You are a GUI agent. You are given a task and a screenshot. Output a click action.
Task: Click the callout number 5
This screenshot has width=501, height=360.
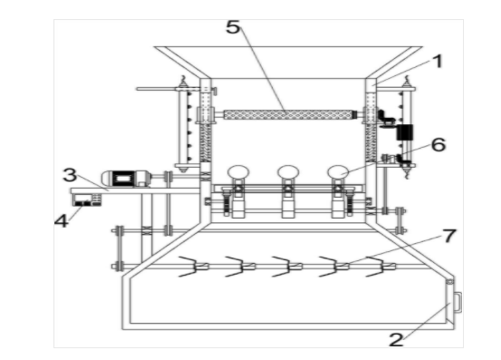(x=233, y=27)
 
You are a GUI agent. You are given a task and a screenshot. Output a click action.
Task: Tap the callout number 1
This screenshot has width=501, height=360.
(x=438, y=61)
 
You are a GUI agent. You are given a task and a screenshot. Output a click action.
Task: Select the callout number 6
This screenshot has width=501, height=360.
(x=438, y=144)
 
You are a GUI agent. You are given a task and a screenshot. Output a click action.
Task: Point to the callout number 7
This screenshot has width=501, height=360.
(x=449, y=236)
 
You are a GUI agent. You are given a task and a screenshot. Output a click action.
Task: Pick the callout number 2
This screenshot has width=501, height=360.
(x=396, y=340)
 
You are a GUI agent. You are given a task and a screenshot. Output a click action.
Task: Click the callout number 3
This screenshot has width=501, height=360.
(x=70, y=175)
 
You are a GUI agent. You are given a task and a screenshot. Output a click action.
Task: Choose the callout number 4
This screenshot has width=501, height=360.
(x=62, y=220)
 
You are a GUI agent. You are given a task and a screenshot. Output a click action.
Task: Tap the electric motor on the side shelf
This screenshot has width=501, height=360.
(x=126, y=178)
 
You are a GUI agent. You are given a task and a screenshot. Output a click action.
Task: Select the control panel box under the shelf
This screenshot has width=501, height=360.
(x=87, y=199)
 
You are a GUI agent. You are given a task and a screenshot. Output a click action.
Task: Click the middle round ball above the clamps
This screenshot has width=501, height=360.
(x=288, y=172)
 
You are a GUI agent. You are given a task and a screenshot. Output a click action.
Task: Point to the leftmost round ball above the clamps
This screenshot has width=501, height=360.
(x=238, y=172)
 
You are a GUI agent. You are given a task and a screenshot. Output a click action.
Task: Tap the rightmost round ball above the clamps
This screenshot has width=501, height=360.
(x=338, y=172)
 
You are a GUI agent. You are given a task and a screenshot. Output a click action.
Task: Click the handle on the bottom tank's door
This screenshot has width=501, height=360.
(x=458, y=302)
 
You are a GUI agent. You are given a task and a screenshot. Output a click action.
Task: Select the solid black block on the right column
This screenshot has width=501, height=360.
(x=404, y=132)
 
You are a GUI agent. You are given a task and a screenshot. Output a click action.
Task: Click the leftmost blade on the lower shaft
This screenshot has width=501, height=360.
(x=192, y=267)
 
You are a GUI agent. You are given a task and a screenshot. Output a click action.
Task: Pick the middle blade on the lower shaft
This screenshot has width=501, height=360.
(x=286, y=267)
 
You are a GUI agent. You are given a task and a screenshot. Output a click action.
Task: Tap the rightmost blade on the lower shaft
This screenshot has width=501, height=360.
(x=381, y=267)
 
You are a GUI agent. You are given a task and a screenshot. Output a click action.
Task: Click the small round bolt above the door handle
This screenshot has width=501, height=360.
(x=450, y=282)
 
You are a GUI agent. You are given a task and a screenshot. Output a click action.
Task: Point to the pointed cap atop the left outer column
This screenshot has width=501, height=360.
(x=183, y=83)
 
